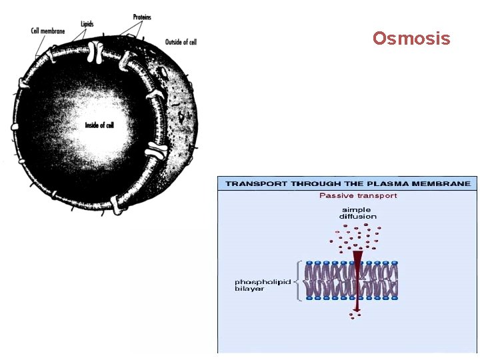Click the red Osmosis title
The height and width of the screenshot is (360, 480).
[411, 39]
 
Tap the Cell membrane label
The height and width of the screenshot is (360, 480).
[48, 31]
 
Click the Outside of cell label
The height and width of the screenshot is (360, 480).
[181, 42]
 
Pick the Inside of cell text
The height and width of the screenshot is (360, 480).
[99, 125]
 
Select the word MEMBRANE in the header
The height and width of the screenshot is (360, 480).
[447, 183]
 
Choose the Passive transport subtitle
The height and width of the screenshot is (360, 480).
[358, 196]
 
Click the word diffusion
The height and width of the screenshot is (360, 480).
[358, 216]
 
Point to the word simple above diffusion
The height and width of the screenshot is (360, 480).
[357, 209]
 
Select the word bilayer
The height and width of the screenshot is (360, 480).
[249, 289]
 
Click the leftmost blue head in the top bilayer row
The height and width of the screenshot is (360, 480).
[308, 263]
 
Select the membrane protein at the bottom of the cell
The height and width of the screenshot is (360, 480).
[119, 203]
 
